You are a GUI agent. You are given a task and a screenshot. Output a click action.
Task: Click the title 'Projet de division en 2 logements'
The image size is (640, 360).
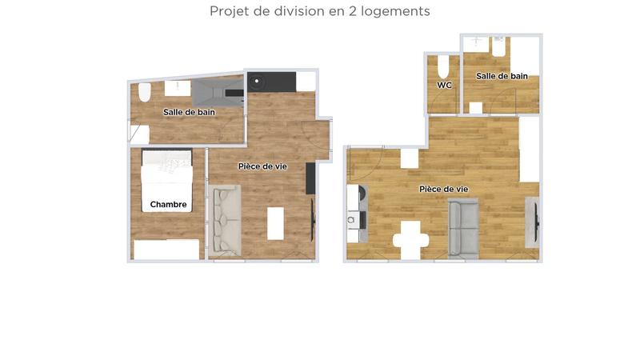point(320,11)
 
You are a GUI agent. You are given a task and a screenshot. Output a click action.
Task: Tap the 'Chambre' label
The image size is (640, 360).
point(168,205)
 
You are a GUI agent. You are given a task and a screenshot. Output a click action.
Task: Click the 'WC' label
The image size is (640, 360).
point(445,85)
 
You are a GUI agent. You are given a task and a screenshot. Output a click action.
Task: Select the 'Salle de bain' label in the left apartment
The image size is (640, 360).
point(189,113)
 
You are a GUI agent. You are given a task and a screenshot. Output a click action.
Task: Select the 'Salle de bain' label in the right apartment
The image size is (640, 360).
point(502,77)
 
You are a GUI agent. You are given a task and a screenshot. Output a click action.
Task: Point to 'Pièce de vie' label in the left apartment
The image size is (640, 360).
point(262,166)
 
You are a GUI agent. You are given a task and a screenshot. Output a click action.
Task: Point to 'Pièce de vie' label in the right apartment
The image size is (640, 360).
point(444,189)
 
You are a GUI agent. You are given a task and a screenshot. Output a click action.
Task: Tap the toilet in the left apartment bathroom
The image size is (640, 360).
point(145,93)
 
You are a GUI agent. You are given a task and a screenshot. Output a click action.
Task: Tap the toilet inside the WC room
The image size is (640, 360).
point(444,64)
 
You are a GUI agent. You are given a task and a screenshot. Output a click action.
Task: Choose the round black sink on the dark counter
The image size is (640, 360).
point(257,80)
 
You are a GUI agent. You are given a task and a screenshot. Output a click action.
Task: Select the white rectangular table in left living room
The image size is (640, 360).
point(275,223)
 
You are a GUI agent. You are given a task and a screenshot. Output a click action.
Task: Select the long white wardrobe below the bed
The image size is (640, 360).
point(166,250)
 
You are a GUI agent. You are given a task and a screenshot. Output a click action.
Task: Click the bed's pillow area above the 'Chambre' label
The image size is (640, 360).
point(167,165)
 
